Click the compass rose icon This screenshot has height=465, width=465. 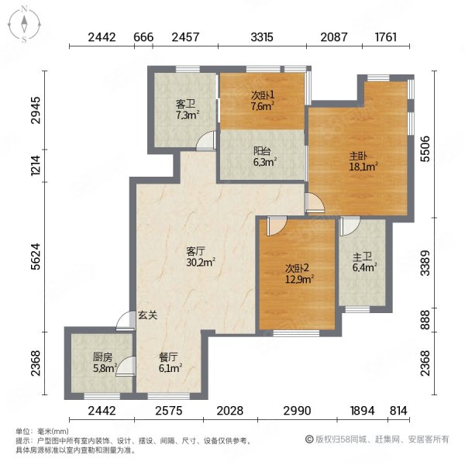pos(24,25)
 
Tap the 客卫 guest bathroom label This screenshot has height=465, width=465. pos(186,104)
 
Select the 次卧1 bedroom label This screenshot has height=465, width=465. pos(263,95)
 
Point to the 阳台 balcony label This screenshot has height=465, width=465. pos(262,151)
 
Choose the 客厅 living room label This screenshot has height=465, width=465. pos(195,251)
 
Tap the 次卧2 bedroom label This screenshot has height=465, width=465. pos(297,268)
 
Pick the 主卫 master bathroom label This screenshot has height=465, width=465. pos(363,257)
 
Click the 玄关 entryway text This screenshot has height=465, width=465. pos(147,315)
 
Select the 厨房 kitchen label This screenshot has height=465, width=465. pos(102,357)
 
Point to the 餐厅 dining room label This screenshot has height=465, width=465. pos(168,357)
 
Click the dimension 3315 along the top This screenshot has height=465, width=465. pos(262,37)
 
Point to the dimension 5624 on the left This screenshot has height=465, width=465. pos(36,257)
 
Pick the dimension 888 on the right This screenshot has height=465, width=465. pos(425,319)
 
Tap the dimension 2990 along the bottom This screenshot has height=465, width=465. pos(297,411)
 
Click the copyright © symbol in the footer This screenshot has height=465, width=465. pos(309,439)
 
